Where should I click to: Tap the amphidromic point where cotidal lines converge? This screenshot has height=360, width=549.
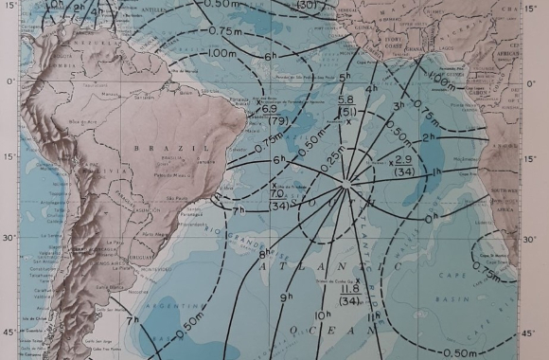352,180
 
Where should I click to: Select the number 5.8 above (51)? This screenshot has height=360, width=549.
346,99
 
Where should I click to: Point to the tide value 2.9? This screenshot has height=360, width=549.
403,159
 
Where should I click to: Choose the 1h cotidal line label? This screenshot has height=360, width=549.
436,171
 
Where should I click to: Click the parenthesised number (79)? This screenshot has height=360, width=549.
280,121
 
